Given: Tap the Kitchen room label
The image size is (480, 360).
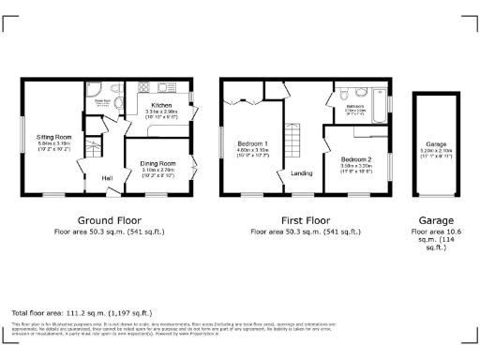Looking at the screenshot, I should point(161,105).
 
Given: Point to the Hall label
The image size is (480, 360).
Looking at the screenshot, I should point(107,178).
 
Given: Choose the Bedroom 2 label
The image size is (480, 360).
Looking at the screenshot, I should point(355,159).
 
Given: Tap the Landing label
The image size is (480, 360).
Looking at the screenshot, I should point(302,173).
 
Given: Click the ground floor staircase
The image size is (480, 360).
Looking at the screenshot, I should point(92,148).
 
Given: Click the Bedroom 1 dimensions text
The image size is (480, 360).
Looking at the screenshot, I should point(253,154).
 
